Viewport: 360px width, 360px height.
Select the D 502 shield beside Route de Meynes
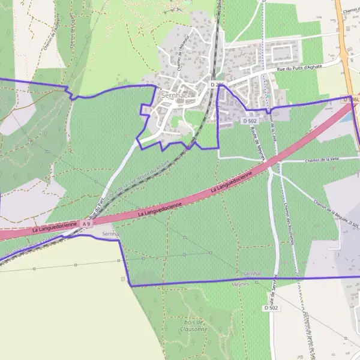pos(251,121)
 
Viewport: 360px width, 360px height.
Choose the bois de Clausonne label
pos(196,326)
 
